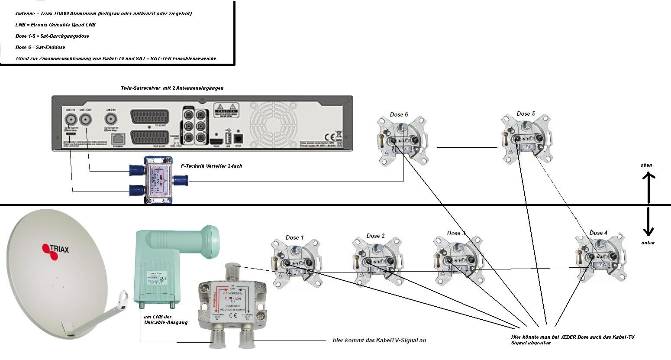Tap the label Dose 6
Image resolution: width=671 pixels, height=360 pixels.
[399, 115]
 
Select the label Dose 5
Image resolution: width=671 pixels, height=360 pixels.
[526, 114]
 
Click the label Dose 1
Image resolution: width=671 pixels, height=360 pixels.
[294, 237]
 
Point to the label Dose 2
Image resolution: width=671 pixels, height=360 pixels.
[375, 236]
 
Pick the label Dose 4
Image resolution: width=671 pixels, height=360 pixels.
[598, 233]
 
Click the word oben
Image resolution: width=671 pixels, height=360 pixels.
[646, 165]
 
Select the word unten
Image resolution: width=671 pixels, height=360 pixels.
[648, 243]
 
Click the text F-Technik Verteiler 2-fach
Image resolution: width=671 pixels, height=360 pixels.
[208, 166]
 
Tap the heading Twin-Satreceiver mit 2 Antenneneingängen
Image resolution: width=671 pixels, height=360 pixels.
[172, 88]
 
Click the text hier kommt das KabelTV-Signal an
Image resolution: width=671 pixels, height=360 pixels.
[379, 340]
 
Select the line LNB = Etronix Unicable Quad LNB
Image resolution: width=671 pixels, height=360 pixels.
[55, 25]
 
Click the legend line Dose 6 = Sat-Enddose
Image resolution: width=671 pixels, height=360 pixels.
[40, 47]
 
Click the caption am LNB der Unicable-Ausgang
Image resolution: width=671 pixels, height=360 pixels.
[165, 320]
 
